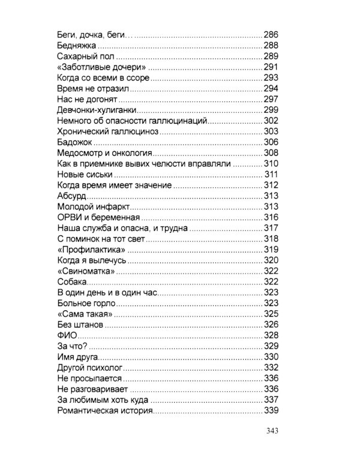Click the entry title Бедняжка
click(x=76, y=45)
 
